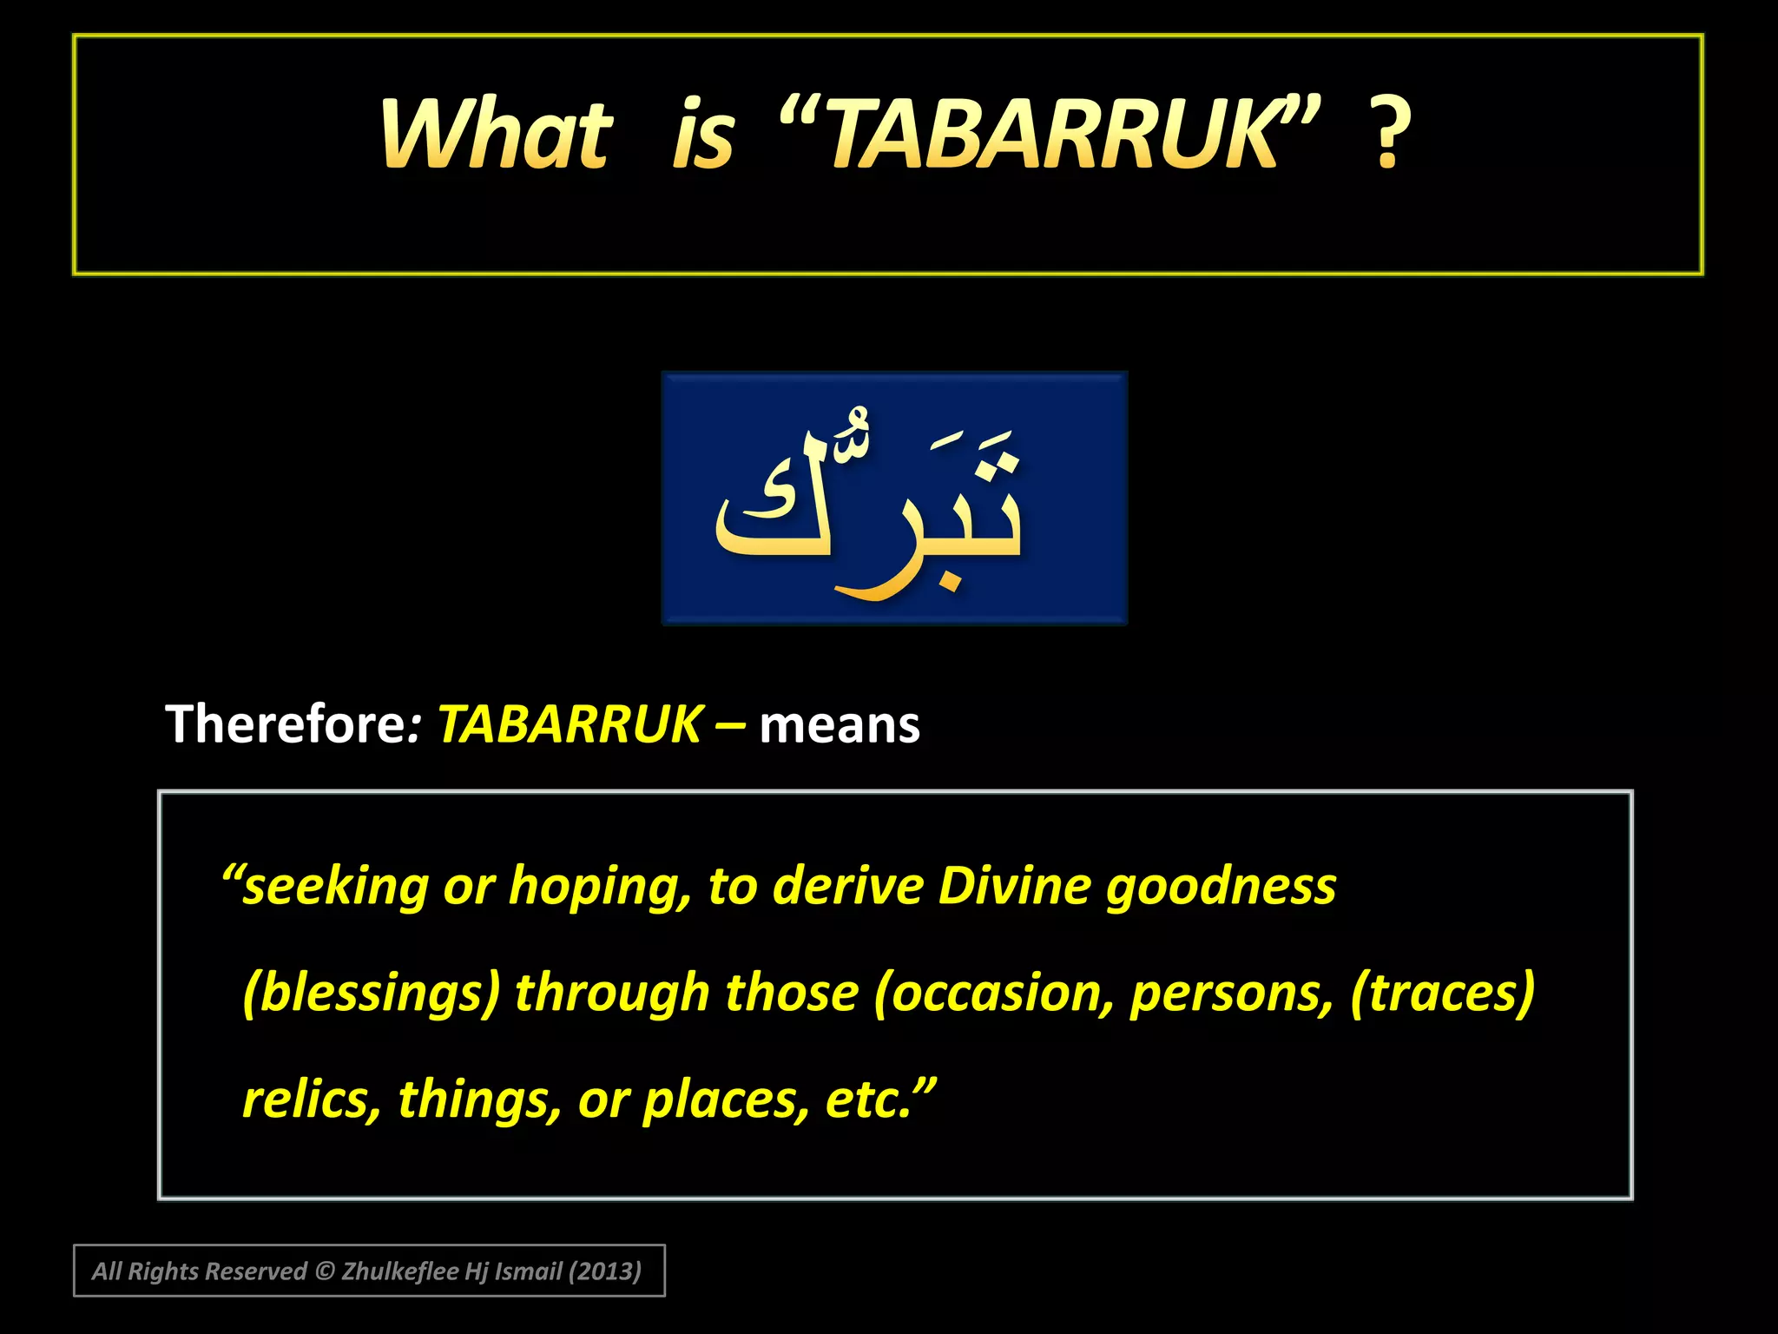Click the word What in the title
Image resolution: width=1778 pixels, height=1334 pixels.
coord(497,135)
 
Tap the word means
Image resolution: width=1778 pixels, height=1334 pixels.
coord(840,726)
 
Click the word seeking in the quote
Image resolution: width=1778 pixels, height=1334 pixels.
coord(335,887)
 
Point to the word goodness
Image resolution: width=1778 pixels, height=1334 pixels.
coord(1221,887)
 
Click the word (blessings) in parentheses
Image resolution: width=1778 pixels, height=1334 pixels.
coord(372,993)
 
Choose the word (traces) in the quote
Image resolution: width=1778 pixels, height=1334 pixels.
coord(1442,992)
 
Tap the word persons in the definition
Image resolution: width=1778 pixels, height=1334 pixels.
coord(1231,993)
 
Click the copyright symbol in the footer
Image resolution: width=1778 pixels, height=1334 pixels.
coord(325,1271)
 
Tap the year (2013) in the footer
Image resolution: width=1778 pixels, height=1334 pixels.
coord(604,1271)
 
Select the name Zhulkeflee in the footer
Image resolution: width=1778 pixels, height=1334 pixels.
coord(400,1271)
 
